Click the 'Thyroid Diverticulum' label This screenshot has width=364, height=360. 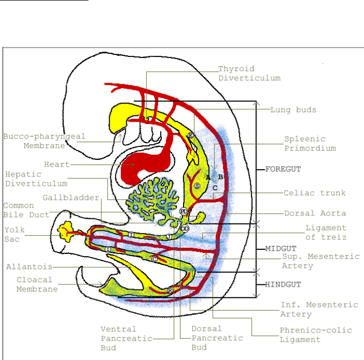point(249,73)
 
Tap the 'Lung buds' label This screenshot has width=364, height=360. point(293,110)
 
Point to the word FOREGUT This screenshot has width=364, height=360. point(283,169)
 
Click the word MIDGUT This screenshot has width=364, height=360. point(280,248)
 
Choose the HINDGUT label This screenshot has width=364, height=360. point(282,284)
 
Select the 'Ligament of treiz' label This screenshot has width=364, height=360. point(326,232)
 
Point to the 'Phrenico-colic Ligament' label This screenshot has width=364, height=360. point(315,335)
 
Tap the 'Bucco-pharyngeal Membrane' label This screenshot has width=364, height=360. point(44,141)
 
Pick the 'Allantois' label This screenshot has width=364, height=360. point(28,267)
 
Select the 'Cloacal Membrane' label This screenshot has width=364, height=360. point(36,285)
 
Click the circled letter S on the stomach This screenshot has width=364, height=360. point(196,186)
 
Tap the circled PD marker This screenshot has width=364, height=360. point(184,212)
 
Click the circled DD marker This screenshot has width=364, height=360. point(185,228)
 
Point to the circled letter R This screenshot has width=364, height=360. point(170,290)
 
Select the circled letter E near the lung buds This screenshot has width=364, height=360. point(190,135)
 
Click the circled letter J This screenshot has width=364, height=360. point(169,236)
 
